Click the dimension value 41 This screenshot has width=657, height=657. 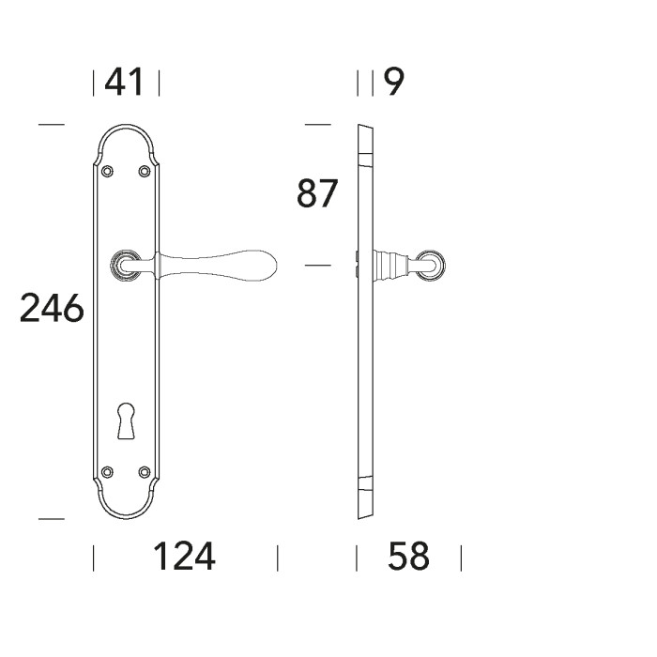(124, 83)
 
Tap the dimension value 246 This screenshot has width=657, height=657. (52, 308)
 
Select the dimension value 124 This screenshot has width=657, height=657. (184, 557)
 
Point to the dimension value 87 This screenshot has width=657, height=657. (317, 193)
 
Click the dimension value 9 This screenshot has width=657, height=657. (394, 83)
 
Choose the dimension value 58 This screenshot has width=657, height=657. (409, 557)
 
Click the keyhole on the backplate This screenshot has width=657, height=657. (126, 420)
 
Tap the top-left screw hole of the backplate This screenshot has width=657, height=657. (108, 171)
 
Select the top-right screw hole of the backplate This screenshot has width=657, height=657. (145, 171)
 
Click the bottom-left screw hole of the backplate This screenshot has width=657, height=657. (108, 472)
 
